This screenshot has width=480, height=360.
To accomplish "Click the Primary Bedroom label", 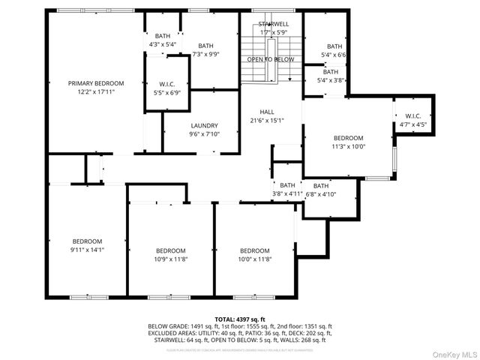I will pos(96,83).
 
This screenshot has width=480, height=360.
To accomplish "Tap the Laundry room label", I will pos(204,126).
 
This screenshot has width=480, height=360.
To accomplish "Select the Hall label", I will pos(266,111).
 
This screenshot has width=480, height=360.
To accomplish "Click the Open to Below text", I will pos(271,58).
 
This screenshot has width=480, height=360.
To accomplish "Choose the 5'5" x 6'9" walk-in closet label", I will pos(166,88).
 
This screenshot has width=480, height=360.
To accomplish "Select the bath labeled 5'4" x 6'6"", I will pos(331,50).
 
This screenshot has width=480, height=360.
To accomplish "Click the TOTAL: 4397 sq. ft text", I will pos(239,319).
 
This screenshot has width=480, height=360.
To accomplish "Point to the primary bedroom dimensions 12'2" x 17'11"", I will pos(96,92).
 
